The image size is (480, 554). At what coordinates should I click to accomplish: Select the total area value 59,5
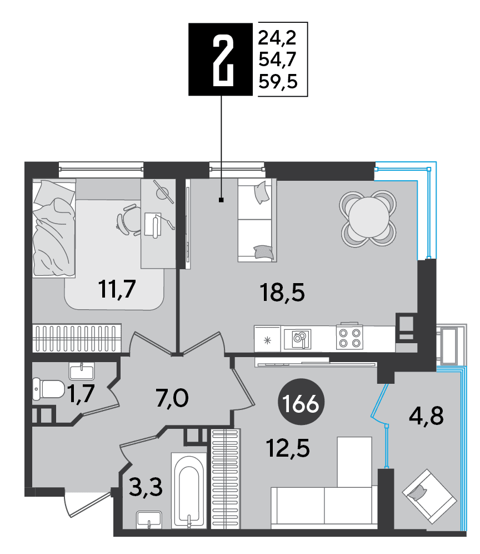click(x=278, y=82)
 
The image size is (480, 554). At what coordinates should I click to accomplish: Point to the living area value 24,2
click(x=277, y=38)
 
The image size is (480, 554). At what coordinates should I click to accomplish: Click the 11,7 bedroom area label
click(x=117, y=289)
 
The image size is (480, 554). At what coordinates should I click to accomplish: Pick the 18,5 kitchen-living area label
click(x=282, y=292)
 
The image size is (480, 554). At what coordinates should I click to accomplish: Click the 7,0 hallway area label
click(x=172, y=398)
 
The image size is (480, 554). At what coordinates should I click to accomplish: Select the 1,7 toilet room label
click(x=81, y=393)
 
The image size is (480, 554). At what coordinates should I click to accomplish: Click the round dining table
click(x=368, y=218)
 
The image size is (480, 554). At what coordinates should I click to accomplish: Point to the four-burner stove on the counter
click(x=349, y=338)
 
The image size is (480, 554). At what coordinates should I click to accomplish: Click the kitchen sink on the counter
click(x=298, y=339)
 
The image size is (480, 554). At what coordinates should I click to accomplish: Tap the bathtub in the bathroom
click(x=189, y=490)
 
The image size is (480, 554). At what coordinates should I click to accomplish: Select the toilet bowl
click(x=48, y=389)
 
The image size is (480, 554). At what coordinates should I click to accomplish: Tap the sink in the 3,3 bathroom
click(x=149, y=520)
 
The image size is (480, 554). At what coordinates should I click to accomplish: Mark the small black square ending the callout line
click(x=221, y=200)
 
